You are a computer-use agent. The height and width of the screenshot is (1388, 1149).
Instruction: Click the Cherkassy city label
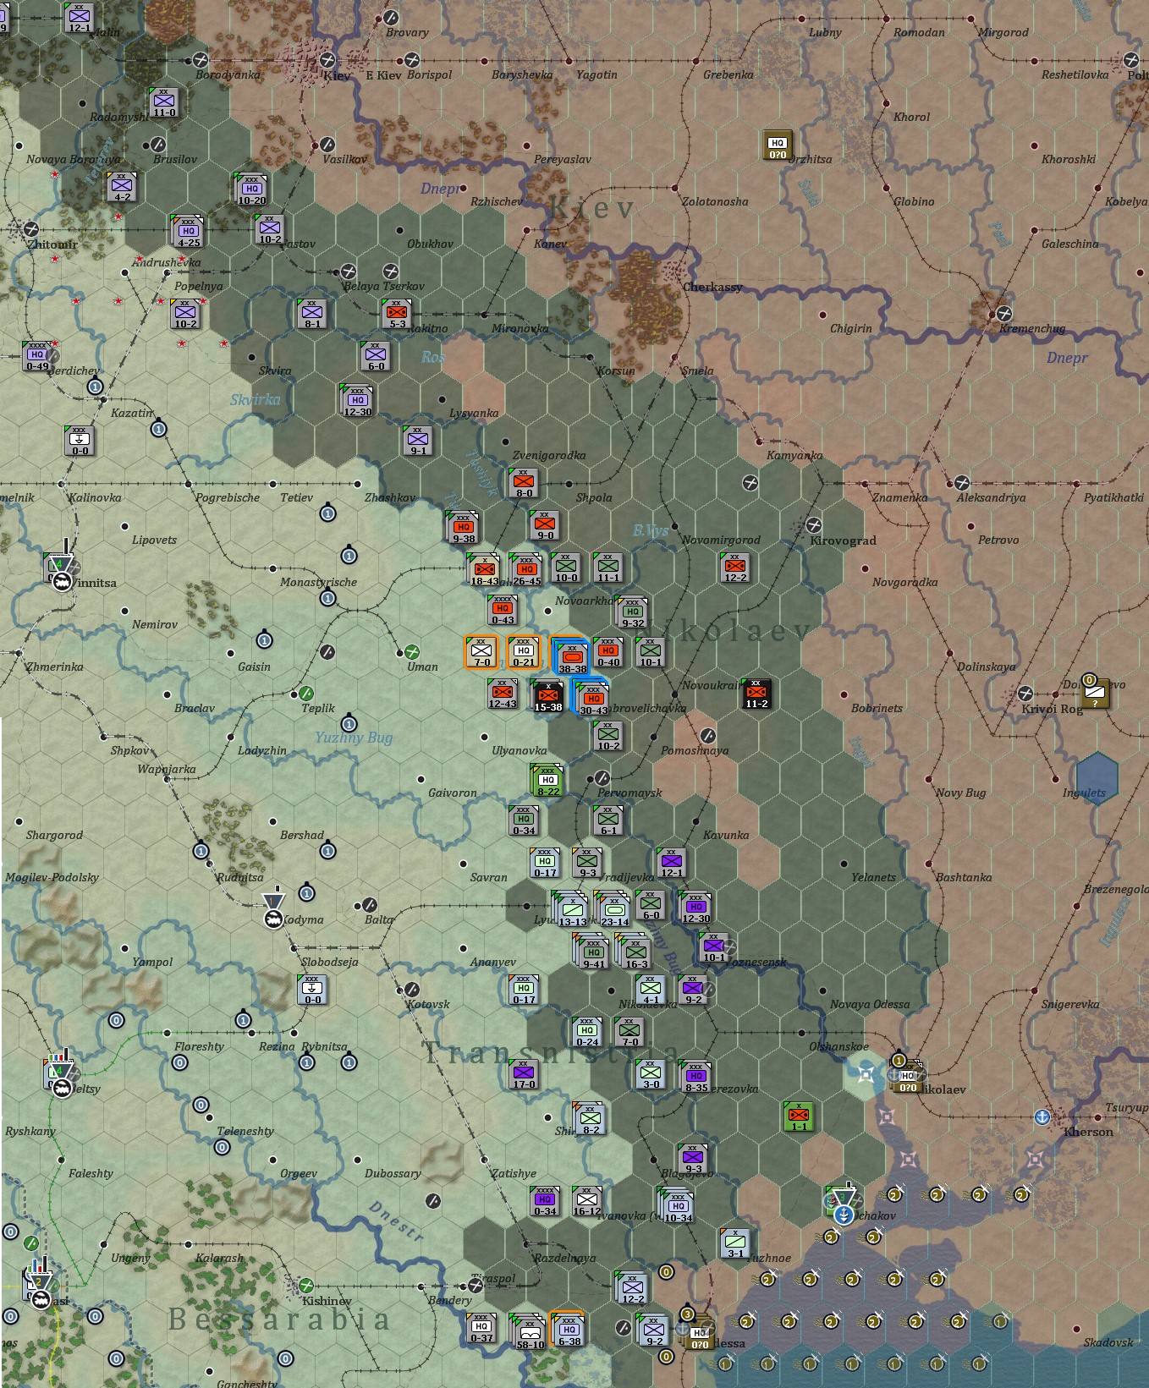[712, 287]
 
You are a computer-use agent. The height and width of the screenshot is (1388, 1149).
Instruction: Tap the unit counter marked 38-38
[571, 656]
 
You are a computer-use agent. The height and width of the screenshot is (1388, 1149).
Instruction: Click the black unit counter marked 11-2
[756, 694]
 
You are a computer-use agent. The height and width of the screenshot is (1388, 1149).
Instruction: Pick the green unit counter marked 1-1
[798, 1116]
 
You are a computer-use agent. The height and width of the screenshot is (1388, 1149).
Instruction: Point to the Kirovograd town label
[843, 540]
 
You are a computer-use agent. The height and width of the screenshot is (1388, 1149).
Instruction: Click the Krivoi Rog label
[1052, 709]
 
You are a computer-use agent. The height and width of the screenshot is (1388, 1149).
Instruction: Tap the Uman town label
[422, 667]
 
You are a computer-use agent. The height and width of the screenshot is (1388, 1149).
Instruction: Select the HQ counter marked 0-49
[37, 356]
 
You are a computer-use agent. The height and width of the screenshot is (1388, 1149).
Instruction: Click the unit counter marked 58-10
[530, 1331]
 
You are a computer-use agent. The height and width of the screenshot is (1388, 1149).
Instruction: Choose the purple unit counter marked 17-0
[524, 1074]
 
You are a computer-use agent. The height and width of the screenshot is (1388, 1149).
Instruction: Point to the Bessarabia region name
[279, 1319]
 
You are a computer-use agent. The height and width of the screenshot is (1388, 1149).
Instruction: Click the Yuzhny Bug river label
[354, 738]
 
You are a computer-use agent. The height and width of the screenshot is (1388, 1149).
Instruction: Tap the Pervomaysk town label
[629, 793]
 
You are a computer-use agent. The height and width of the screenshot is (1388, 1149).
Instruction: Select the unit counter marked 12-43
[503, 694]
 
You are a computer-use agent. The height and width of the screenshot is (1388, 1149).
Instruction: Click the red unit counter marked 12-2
[735, 568]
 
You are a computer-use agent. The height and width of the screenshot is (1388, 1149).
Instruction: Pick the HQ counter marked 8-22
[547, 781]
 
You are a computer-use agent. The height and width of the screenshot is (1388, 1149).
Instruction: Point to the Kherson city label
[1088, 1132]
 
